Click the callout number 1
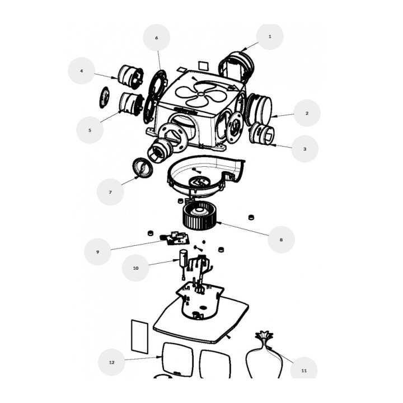tap(270, 36)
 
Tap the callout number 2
tap(307, 113)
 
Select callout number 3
tap(305, 149)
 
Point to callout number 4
tap(82, 71)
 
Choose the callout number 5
tap(90, 130)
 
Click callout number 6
tap(157, 38)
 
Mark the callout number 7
tap(110, 192)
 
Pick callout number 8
tap(281, 240)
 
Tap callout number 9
tap(97, 252)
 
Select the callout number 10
tap(135, 268)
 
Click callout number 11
tap(304, 371)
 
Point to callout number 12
tap(111, 362)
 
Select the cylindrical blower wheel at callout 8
tap(200, 215)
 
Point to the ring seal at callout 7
tap(142, 167)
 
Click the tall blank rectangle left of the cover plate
tap(140, 337)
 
